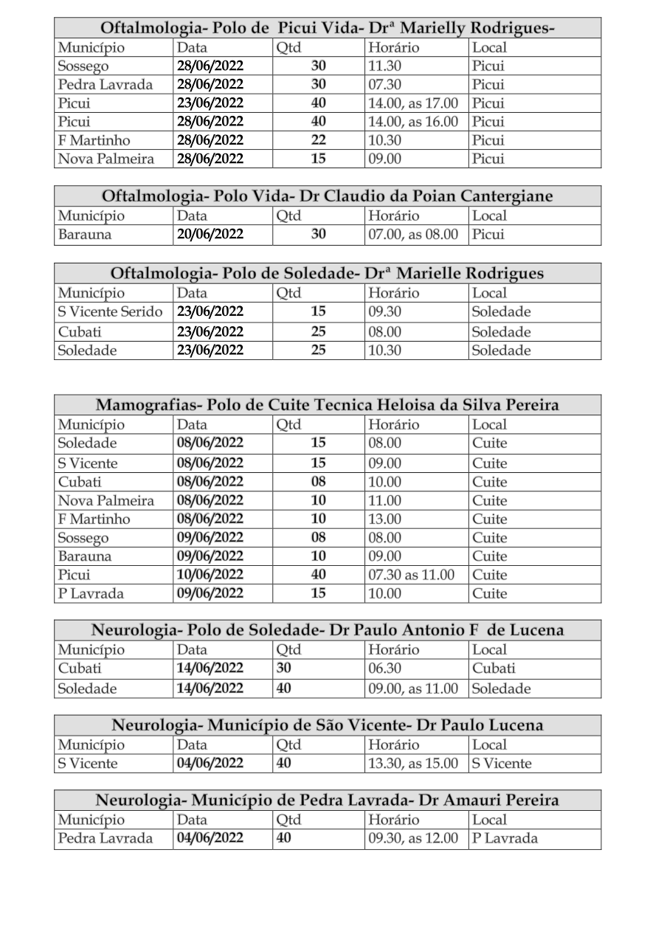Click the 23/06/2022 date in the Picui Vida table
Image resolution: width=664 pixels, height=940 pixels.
coord(210,103)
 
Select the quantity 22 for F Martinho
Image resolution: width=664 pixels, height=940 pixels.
coord(319,140)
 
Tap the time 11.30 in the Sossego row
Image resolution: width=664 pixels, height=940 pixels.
coord(384,66)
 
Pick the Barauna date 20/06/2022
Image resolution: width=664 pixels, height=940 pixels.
coord(210,235)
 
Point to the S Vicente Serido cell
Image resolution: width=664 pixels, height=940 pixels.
coord(110,312)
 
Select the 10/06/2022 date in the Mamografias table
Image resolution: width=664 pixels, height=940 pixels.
coord(210,575)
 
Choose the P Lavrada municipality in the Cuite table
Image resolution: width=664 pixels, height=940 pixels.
coord(91,593)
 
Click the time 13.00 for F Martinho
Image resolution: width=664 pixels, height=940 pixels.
coord(384,519)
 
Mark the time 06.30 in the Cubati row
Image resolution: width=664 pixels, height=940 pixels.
coord(384,669)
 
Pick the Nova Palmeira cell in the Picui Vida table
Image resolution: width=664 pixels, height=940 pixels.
coord(106,159)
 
